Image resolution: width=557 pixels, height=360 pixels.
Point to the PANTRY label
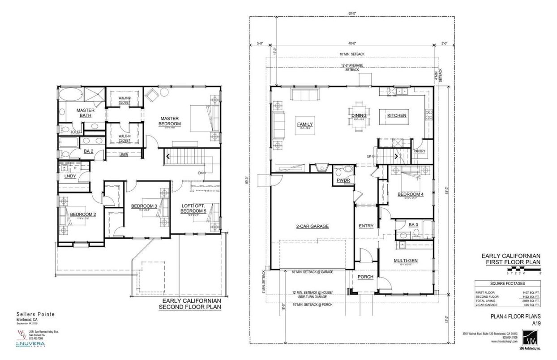pos(419,151)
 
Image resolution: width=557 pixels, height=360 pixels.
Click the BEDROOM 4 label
pos(410,194)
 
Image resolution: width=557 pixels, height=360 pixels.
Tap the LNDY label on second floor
pos(70,176)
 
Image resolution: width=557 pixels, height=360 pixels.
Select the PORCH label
pos(365,277)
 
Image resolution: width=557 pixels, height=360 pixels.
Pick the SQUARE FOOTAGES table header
pos(507,283)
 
